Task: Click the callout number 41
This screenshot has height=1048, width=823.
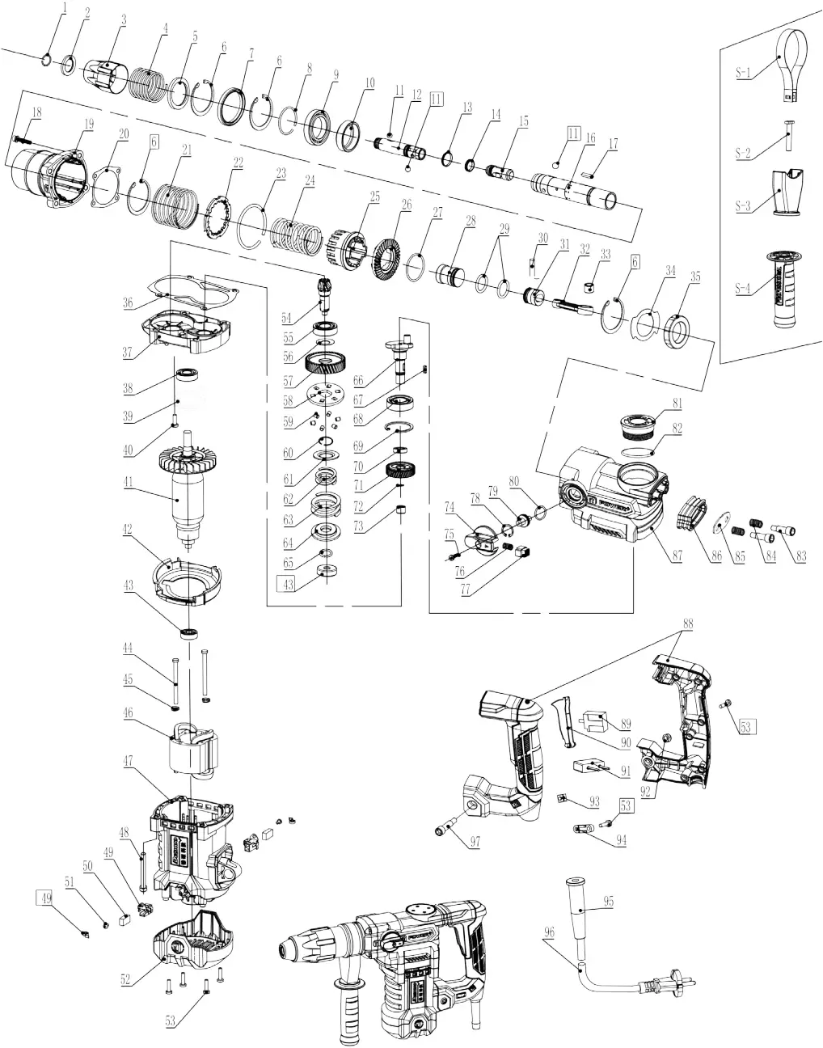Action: tap(127, 490)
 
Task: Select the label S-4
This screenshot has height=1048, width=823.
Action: tap(743, 288)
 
